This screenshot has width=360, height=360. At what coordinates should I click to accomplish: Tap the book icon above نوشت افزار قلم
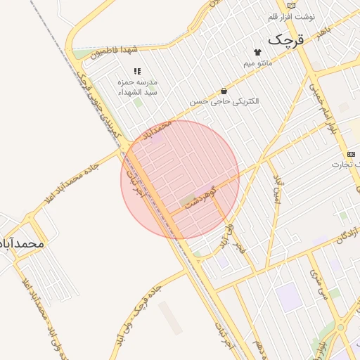click(292, 5)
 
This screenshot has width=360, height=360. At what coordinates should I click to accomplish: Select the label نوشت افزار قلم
click(292, 16)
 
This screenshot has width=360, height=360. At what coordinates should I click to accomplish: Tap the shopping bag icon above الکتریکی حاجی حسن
click(224, 91)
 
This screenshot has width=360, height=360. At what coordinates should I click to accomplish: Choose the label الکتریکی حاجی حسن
click(224, 101)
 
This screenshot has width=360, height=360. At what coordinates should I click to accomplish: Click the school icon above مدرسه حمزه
click(137, 71)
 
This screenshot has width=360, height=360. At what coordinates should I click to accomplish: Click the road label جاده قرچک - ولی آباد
click(145, 316)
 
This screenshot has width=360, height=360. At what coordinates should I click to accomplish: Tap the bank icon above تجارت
click(351, 154)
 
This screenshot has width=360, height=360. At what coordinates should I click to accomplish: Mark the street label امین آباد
click(277, 188)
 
